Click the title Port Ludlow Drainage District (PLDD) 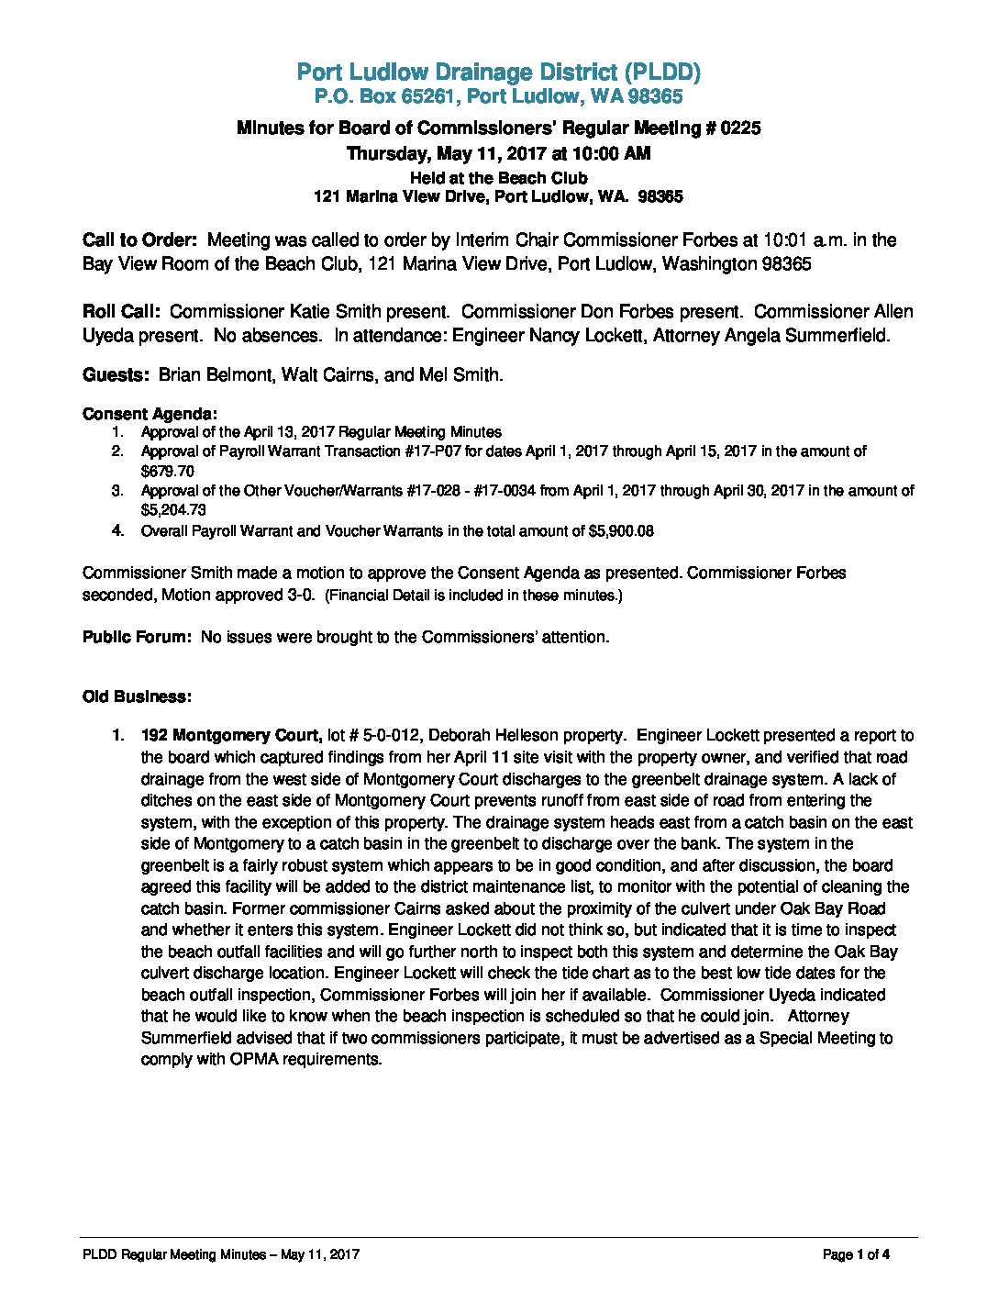[499, 72]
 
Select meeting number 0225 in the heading [740, 128]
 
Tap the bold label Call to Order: [139, 240]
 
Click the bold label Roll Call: [121, 312]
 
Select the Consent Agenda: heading [150, 414]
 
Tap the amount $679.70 [167, 471]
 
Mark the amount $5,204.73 [173, 510]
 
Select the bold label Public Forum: [137, 637]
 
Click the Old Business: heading [137, 696]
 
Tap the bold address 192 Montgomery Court [230, 736]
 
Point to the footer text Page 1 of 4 [856, 1254]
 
